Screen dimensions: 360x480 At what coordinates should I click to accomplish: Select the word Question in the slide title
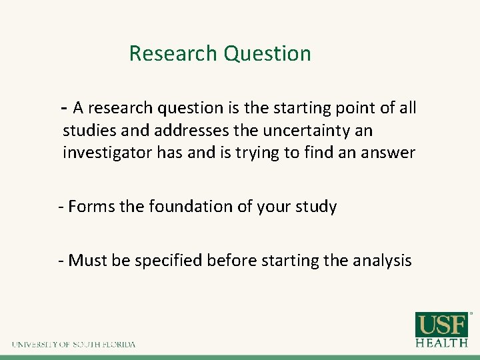(267, 54)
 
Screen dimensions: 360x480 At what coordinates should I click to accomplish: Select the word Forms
(91, 207)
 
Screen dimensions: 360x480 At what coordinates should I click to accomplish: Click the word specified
(168, 261)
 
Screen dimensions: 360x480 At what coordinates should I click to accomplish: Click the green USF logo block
(442, 325)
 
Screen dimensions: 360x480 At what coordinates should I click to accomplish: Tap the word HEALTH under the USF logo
(442, 343)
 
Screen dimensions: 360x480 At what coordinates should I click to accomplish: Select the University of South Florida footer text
(73, 345)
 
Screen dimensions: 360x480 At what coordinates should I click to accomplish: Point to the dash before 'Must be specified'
(61, 260)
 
